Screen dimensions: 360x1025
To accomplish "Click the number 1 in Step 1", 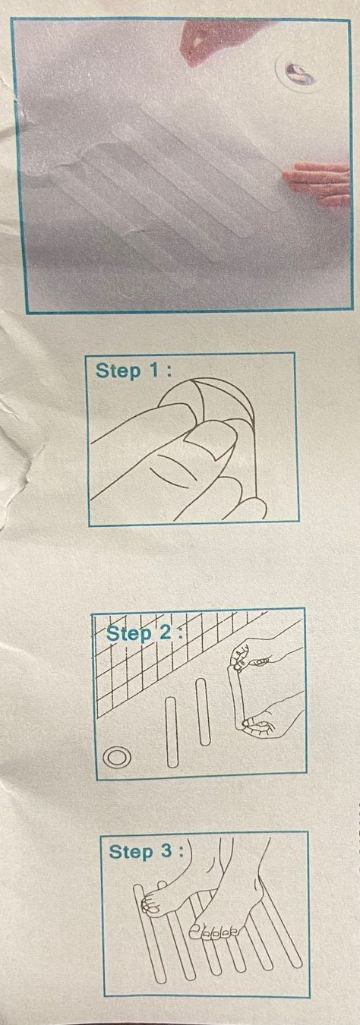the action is pos(154,371).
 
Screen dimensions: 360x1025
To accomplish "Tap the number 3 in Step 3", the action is pos(167,851).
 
